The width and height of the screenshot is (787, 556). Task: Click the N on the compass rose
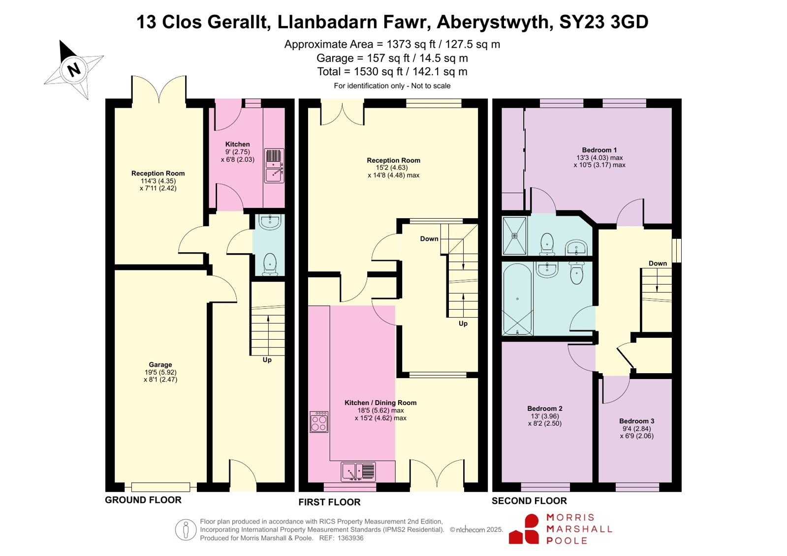74,69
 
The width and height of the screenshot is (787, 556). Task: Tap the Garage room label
160,365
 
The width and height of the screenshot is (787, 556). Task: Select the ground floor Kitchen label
238,144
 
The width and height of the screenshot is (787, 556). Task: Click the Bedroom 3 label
636,421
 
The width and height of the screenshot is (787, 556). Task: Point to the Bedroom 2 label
544,408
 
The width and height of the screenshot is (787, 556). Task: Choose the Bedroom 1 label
599,150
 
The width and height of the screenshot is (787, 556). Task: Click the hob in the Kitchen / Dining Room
319,422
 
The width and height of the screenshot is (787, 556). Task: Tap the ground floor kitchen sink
274,166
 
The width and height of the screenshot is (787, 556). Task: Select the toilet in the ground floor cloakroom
270,264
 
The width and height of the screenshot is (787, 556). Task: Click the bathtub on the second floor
517,298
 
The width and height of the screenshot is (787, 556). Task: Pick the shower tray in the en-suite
515,235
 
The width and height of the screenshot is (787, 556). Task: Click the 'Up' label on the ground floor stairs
267,360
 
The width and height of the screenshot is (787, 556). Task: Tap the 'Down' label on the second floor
658,263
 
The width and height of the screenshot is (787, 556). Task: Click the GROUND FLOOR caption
143,500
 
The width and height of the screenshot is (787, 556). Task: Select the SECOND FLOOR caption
529,501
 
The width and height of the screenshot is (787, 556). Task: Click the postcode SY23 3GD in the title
603,22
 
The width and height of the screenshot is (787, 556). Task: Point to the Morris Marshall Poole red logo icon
524,529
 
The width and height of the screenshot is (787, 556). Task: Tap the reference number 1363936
350,538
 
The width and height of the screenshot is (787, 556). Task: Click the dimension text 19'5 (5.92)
160,372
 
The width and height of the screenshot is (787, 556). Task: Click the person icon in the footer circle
186,529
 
